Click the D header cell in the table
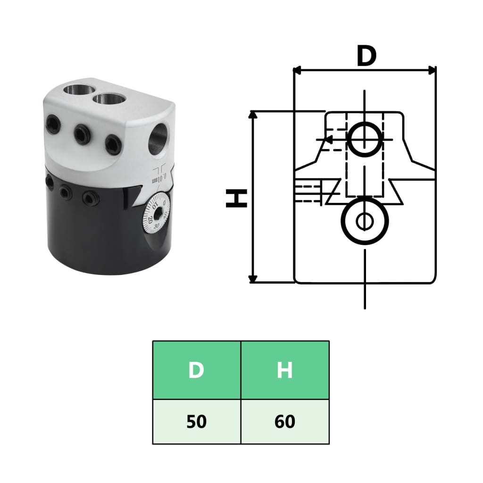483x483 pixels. (x=196, y=370)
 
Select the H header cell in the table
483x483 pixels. (x=285, y=370)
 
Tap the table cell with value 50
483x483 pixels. (x=196, y=422)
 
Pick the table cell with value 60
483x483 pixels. (x=285, y=422)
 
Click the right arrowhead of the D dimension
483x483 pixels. (x=431, y=70)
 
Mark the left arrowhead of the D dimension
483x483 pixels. (x=298, y=70)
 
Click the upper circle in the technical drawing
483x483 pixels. (x=365, y=140)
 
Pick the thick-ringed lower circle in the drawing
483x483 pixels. (x=365, y=220)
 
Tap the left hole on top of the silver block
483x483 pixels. (x=75, y=88)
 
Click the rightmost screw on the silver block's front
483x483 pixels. (x=114, y=145)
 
